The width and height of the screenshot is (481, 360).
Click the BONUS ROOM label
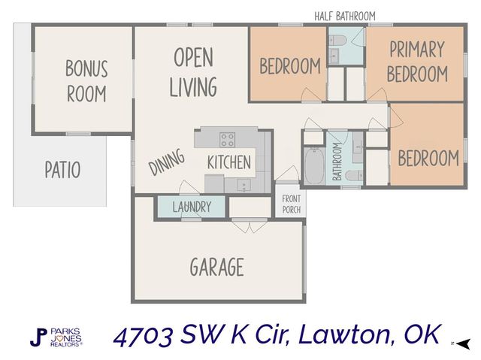86,81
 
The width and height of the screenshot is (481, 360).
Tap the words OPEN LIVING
193,73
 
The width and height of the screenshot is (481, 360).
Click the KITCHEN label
228,162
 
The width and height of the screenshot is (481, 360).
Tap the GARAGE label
216,267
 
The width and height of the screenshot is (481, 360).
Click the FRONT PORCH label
292,204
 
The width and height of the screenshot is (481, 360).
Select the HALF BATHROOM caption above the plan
345,16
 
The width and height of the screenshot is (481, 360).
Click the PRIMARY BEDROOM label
417,62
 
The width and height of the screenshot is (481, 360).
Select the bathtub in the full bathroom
313,167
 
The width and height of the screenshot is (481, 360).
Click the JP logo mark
37,337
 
